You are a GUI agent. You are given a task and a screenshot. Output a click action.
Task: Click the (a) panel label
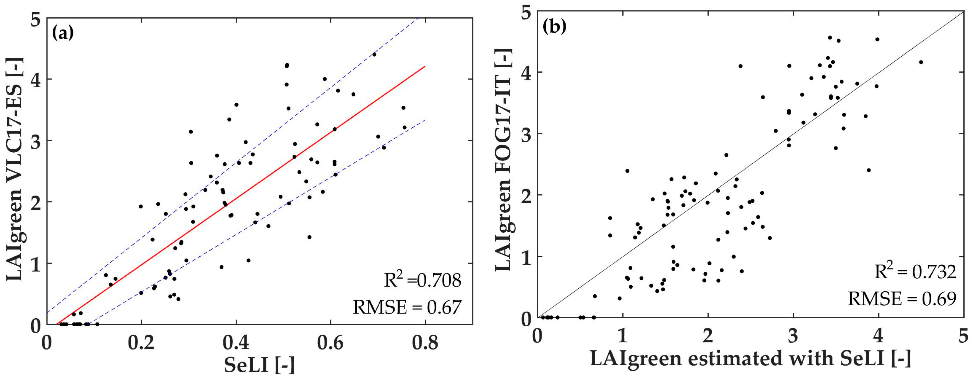(63, 33)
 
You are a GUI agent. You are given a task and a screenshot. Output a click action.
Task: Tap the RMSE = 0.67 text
(407, 307)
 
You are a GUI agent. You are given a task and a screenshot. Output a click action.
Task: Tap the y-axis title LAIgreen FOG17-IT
(504, 159)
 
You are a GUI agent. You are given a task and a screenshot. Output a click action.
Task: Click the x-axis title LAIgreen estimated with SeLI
(750, 358)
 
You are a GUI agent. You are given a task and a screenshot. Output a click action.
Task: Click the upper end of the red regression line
(425, 66)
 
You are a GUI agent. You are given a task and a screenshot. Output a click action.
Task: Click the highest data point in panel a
(374, 54)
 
